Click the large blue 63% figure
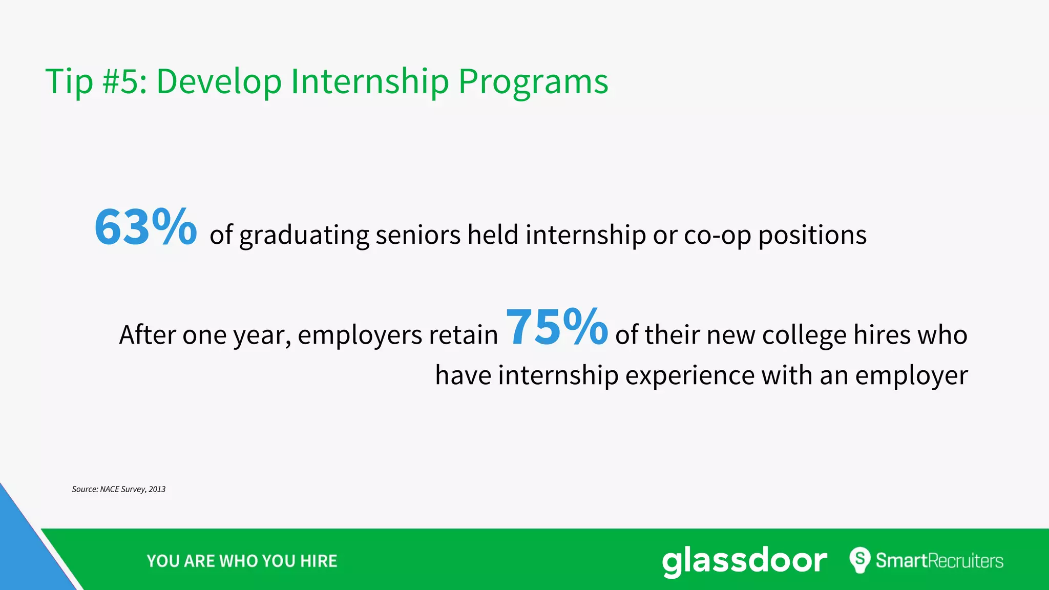coord(145,227)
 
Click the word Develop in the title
coord(219,82)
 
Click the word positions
coord(812,236)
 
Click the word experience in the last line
coord(690,376)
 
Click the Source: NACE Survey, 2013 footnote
coord(118,489)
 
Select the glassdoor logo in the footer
coord(744,561)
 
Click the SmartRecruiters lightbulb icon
coord(860,560)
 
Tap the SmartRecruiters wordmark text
coord(939,561)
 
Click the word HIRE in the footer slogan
coord(319,561)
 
